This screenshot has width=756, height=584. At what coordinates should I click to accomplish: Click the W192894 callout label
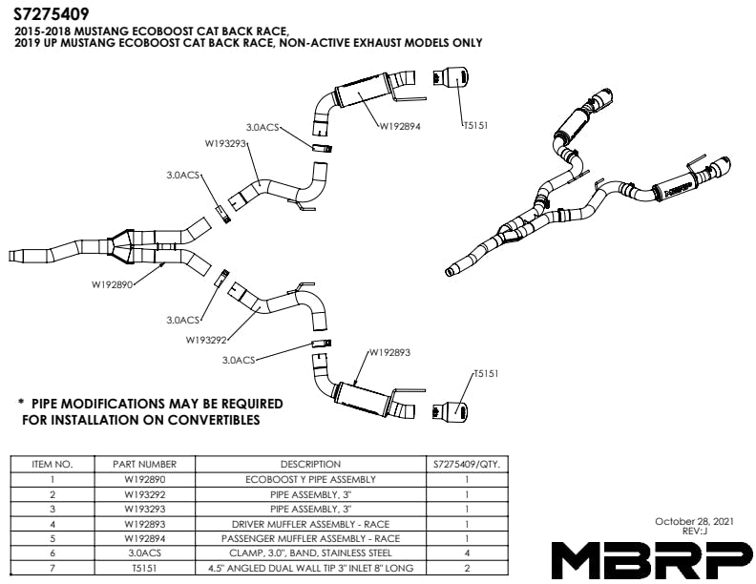(401, 125)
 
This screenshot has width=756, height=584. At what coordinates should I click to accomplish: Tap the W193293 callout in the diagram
(226, 144)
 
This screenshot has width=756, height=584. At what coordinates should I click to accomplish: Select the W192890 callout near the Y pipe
(112, 283)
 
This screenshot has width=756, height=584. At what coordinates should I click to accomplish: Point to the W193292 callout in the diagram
(208, 339)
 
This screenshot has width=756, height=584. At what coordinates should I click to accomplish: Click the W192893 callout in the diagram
(388, 351)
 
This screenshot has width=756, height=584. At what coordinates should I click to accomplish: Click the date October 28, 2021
(694, 521)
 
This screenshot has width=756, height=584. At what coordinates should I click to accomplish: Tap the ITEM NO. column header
(52, 465)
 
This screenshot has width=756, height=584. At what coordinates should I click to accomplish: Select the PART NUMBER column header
(150, 465)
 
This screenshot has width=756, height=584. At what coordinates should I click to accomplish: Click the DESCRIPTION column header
(310, 465)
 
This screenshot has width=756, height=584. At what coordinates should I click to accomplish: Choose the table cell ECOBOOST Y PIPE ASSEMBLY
(310, 479)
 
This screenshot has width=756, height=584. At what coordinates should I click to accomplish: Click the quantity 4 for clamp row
(466, 553)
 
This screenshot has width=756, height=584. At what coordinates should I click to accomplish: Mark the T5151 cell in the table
(150, 567)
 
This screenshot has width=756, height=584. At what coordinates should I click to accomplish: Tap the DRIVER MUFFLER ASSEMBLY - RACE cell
(310, 523)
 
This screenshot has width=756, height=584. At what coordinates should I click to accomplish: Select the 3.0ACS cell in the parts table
(150, 553)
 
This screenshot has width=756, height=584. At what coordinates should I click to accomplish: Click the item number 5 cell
(52, 538)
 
